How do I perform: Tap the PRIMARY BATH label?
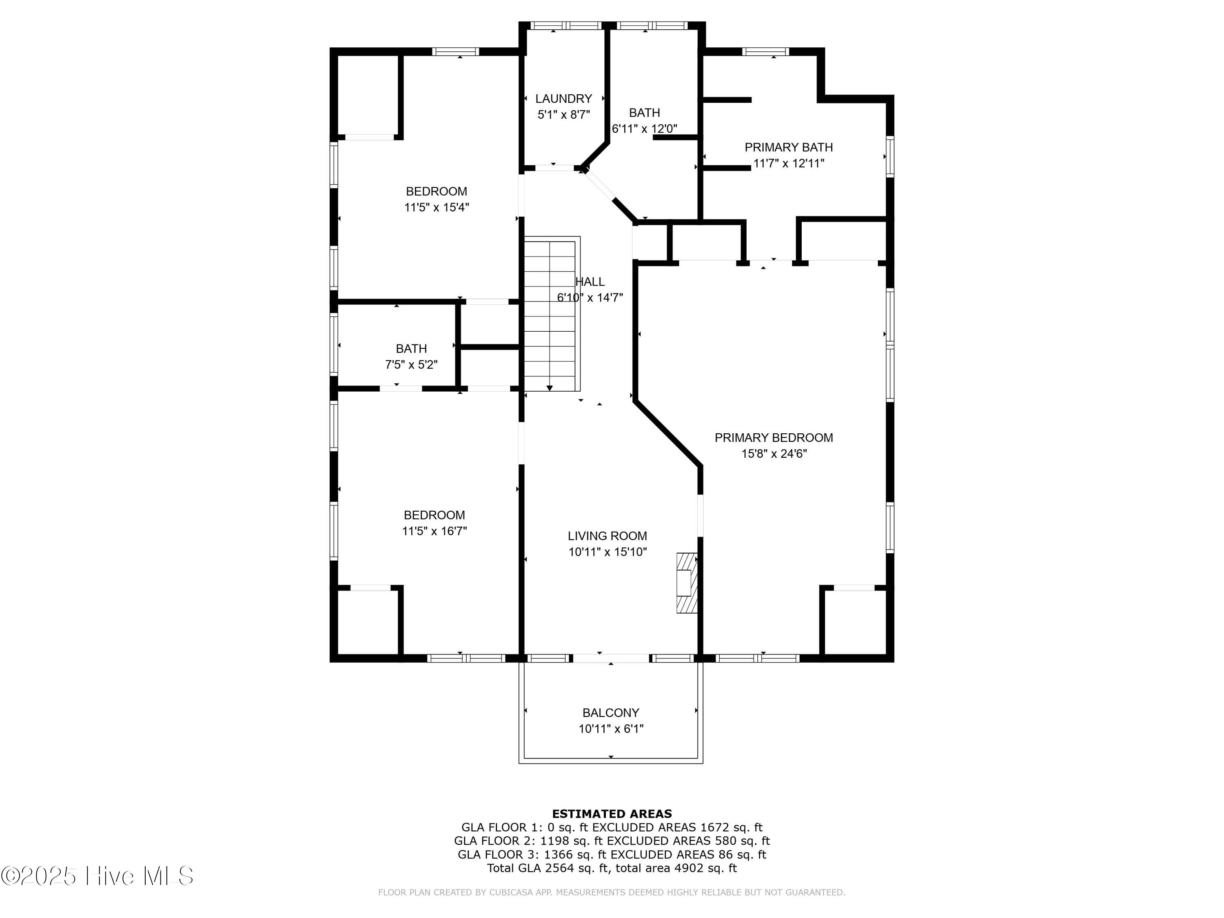pos(789,147)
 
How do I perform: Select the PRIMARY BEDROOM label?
pos(774,438)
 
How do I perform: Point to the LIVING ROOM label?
pos(607,536)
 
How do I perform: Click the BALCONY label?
pos(611,713)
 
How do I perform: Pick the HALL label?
pos(590,282)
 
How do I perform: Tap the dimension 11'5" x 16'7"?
pos(435,531)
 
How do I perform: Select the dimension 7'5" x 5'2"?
pos(411,365)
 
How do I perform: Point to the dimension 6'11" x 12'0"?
pos(645,129)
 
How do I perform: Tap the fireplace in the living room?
pos(687,583)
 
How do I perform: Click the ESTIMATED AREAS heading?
pos(612,814)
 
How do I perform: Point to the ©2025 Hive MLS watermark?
pos(98,876)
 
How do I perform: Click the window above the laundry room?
pos(565,25)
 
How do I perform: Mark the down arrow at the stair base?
pos(550,388)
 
